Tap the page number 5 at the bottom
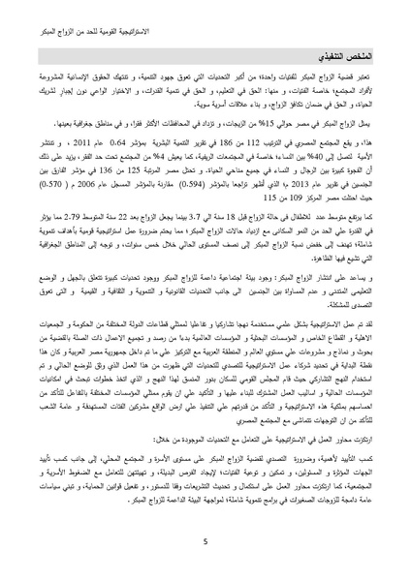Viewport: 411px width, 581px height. click(206, 543)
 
